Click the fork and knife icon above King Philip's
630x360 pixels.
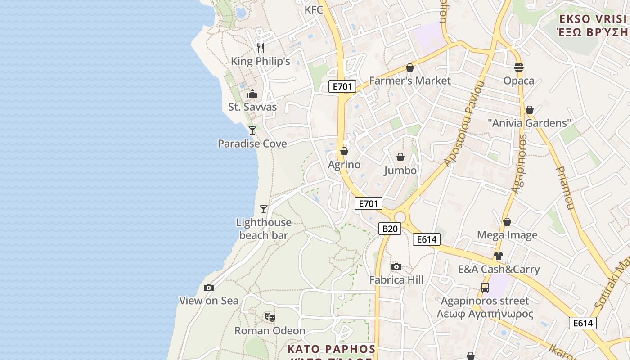tap(260, 48)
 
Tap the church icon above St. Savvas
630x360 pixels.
tap(252, 94)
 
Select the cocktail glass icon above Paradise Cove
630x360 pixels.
tap(252, 130)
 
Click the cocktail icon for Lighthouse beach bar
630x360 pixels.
tap(264, 209)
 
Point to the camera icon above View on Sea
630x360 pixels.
tap(209, 288)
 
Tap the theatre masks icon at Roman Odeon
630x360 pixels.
tap(270, 317)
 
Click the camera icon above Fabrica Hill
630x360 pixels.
tap(396, 266)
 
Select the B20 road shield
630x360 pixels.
tap(390, 229)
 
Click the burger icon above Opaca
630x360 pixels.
tap(519, 67)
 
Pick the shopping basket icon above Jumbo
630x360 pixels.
tap(400, 157)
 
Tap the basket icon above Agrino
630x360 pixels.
tap(344, 151)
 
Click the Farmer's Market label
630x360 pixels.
tap(410, 81)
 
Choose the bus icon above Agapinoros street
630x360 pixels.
tap(485, 287)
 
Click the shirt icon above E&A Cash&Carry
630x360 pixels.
tap(498, 256)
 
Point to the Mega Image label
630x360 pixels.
tap(507, 235)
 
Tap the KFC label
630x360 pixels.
tap(314, 10)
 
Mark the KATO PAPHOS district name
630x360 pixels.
tap(332, 349)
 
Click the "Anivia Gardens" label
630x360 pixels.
tap(530, 123)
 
